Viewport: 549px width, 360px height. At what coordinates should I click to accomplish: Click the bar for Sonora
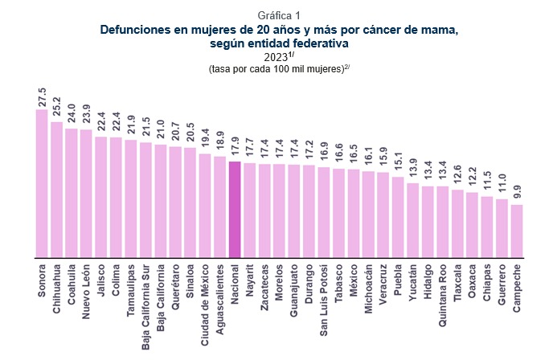[42, 184]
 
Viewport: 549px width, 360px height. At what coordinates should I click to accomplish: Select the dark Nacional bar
[235, 210]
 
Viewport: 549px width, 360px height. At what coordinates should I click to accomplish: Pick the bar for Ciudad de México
[205, 206]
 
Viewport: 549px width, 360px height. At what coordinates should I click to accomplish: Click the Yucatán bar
[412, 220]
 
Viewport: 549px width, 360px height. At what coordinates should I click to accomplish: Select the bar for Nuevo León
[86, 194]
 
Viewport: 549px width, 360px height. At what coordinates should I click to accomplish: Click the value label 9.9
[517, 193]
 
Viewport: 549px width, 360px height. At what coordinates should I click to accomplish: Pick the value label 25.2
[56, 108]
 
